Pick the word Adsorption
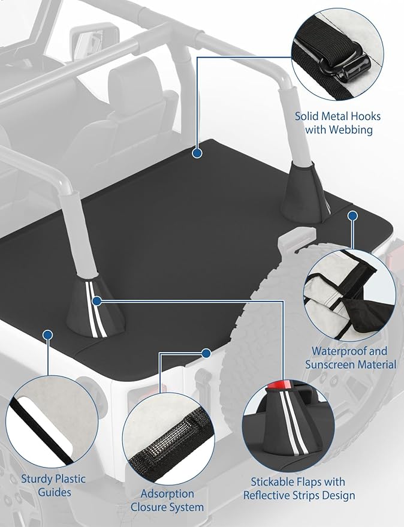(167, 493)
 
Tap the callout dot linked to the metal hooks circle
(196, 153)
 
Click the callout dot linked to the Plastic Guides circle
(47, 333)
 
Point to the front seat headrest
(142, 77)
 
